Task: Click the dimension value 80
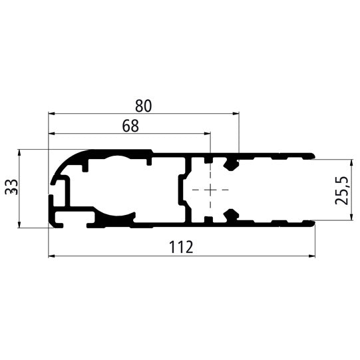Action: (143, 105)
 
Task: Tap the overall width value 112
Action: (181, 248)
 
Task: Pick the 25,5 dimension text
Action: (343, 191)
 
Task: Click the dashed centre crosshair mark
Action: (210, 190)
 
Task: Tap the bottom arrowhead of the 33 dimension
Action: (20, 226)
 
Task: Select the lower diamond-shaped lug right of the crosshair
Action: (232, 215)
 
